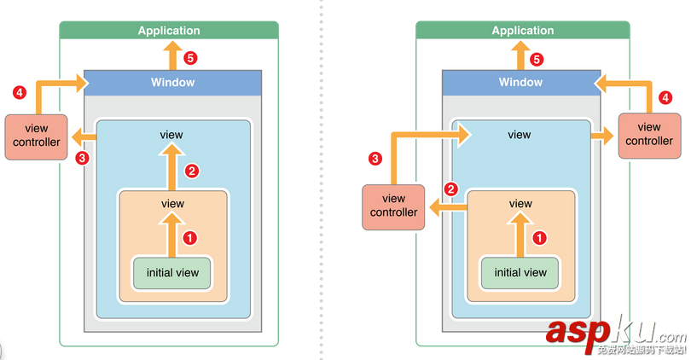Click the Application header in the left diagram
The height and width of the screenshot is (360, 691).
click(x=169, y=31)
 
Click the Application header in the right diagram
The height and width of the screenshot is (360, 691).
click(x=522, y=31)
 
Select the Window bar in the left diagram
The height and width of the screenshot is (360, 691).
click(x=172, y=83)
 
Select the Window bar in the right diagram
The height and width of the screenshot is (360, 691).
click(x=520, y=83)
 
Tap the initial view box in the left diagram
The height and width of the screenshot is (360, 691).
click(x=172, y=273)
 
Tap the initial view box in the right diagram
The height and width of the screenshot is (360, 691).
click(x=520, y=273)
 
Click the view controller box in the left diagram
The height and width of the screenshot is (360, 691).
click(x=37, y=136)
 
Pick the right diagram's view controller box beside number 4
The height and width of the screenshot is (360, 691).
click(x=649, y=135)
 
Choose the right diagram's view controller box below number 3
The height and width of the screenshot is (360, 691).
click(x=393, y=206)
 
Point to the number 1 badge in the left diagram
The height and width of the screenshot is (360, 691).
click(x=191, y=237)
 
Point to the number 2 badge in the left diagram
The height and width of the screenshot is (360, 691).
click(x=192, y=171)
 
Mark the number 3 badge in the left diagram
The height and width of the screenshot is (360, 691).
click(x=82, y=158)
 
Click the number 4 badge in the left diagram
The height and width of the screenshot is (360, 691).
click(x=19, y=91)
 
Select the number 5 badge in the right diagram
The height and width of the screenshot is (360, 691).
click(x=537, y=59)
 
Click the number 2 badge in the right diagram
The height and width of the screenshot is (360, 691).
click(x=453, y=189)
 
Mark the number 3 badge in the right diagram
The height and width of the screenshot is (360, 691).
click(x=375, y=158)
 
